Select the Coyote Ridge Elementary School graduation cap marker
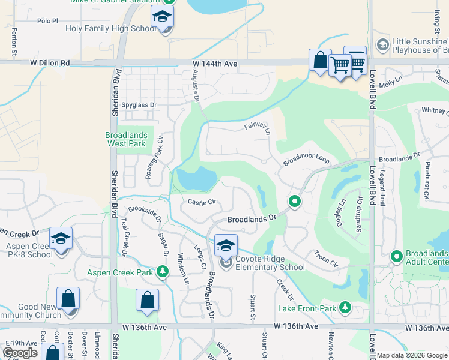pos(226,245)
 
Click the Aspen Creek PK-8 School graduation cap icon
pos(61,239)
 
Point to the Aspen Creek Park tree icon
pos(162,272)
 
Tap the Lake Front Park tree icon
pos(345,308)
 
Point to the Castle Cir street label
pos(202,202)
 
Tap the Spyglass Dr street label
pos(139,105)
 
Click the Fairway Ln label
pos(258,127)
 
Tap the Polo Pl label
pos(47,20)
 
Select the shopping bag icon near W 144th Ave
pos(320,60)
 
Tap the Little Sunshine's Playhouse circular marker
pos(382,46)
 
